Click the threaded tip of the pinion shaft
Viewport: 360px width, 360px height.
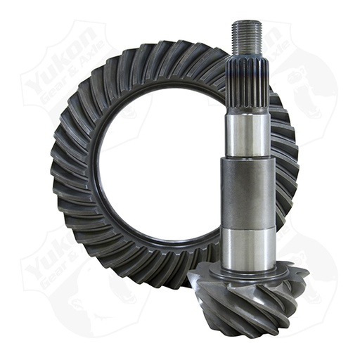pos(247,35)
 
